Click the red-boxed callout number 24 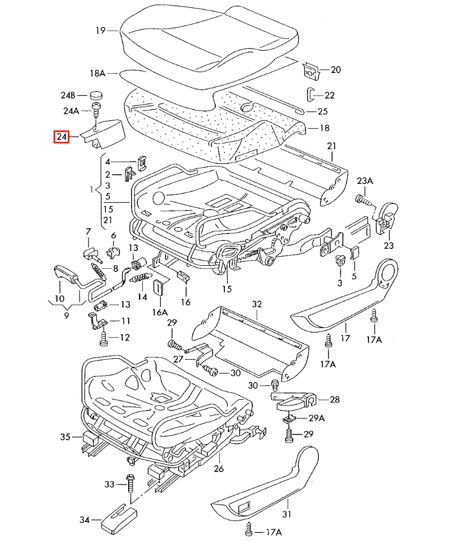click(61, 137)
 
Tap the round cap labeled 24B click(96, 95)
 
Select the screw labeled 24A click(95, 109)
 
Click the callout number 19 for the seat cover click(100, 30)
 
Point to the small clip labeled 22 click(310, 95)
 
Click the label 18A click(97, 73)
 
